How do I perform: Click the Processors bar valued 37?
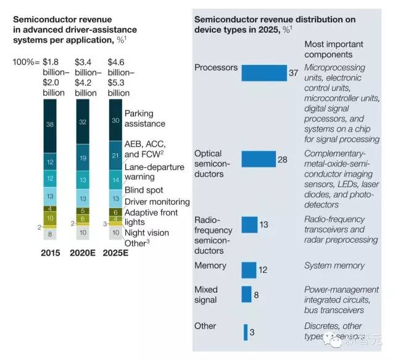pyautogui.click(x=264, y=73)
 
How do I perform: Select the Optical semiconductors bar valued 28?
pyautogui.click(x=258, y=159)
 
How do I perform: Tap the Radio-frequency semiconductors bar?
pyautogui.click(x=249, y=225)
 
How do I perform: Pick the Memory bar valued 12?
pyautogui.click(x=248, y=270)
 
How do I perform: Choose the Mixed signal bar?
pyautogui.click(x=246, y=295)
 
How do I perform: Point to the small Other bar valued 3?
pyautogui.click(x=245, y=332)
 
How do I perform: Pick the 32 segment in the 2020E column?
pyautogui.click(x=83, y=121)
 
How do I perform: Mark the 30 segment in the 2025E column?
pyautogui.click(x=116, y=120)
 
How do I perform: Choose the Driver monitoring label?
pyautogui.click(x=157, y=202)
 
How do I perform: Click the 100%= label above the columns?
pyautogui.click(x=27, y=62)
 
